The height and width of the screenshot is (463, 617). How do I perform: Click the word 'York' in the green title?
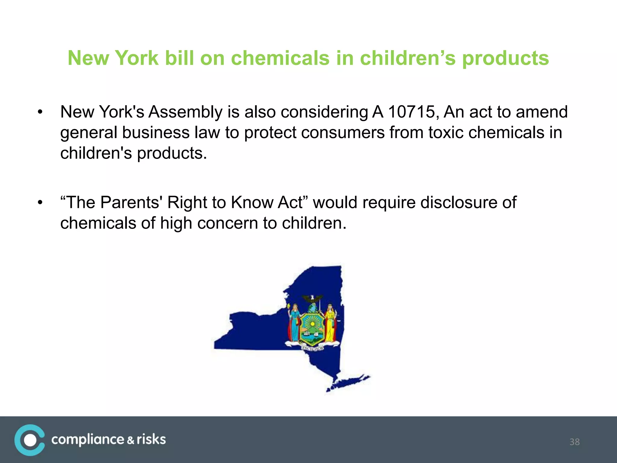[137, 58]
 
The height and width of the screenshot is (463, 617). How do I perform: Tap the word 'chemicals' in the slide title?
[280, 58]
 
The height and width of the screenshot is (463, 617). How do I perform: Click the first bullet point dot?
[40, 112]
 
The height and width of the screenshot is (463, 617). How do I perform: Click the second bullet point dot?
[40, 203]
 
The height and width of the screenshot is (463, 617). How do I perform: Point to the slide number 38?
[575, 442]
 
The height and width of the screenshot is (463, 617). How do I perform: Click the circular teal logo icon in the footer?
[30, 440]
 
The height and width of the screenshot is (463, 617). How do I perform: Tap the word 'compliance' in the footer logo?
[88, 440]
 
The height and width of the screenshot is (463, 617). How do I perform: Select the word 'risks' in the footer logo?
[151, 439]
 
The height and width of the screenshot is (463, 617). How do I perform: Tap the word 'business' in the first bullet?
[156, 133]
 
